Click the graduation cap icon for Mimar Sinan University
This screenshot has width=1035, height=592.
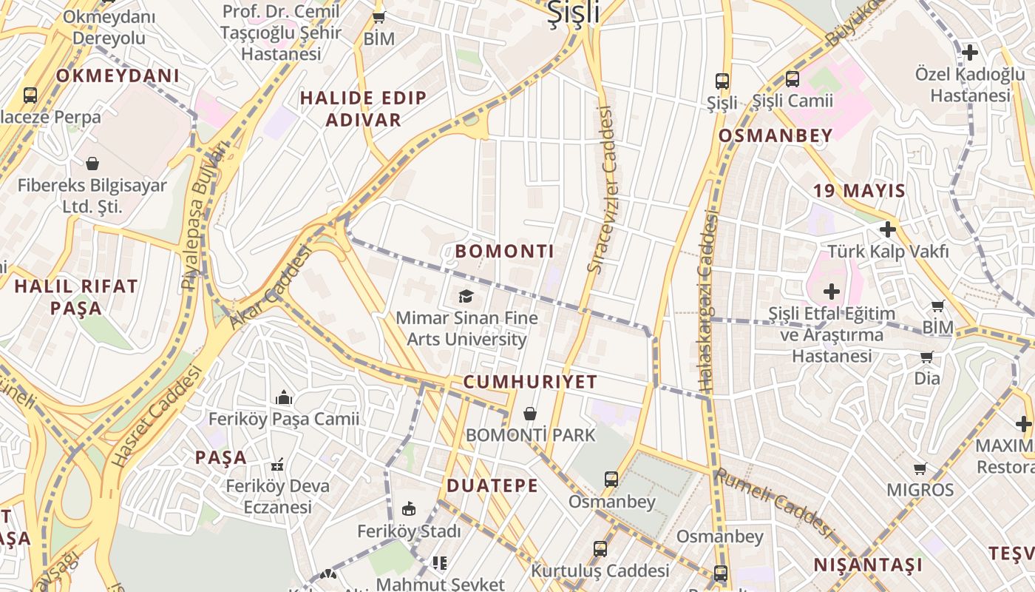pos(466,297)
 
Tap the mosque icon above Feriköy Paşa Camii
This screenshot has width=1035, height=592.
pos(284,398)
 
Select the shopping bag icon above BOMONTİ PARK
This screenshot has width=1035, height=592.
pos(530,414)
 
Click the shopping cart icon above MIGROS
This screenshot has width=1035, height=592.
pos(920,468)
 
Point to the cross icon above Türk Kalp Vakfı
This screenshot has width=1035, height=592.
pos(888,229)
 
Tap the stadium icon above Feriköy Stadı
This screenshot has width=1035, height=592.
pos(409,508)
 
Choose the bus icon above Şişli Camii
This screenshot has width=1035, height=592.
pos(793,78)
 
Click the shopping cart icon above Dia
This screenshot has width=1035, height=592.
pos(926,357)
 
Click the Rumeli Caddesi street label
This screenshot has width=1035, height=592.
pos(775,503)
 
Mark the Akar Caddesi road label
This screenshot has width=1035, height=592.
pos(270,288)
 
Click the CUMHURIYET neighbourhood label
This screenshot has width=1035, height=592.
pos(530,382)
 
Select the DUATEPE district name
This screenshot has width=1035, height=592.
pos(492,486)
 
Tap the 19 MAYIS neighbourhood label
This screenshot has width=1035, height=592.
pos(859,190)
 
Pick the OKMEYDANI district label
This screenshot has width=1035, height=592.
pos(118,75)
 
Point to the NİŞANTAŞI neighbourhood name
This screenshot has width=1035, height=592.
pos(869,565)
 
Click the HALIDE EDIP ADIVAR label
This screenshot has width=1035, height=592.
pos(363,109)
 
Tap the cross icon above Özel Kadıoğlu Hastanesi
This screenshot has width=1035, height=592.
pos(970,53)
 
